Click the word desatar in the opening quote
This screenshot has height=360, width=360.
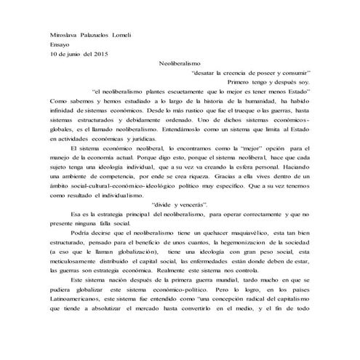point(207,73)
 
